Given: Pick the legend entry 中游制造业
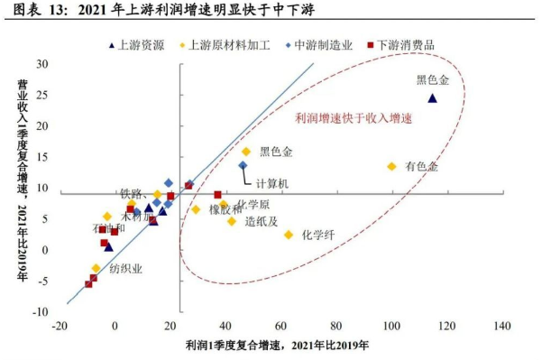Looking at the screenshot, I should pos(321,43).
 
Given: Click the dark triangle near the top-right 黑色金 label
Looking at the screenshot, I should pos(432,98).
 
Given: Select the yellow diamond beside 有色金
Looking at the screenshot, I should pos(391,166).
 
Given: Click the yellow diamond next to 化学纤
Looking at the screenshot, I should pos(289,235).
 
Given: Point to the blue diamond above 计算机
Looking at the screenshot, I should pos(243,165).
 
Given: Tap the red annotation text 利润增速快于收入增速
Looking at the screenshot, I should pos(354,118).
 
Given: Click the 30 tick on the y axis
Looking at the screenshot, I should pos(41,64).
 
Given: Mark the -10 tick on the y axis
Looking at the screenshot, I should pos(40,311).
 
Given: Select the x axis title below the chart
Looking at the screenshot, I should pos(280,346).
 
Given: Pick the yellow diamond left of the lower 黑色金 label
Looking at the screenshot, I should pos(246,152).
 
